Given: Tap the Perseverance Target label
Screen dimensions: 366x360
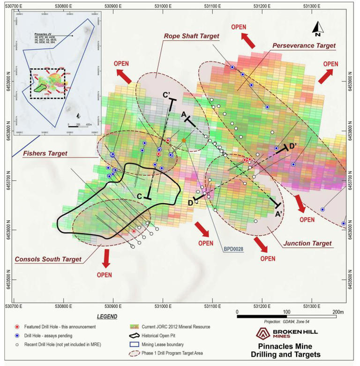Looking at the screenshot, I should [x=304, y=45].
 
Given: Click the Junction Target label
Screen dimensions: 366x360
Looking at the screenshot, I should [x=308, y=243].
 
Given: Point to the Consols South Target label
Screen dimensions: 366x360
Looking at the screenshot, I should [x=48, y=259].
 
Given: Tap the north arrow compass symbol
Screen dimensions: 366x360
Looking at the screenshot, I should [x=317, y=29].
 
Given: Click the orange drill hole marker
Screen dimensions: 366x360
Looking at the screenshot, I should [x=184, y=141].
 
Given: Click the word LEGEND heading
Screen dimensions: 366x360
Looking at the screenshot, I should [x=108, y=317].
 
